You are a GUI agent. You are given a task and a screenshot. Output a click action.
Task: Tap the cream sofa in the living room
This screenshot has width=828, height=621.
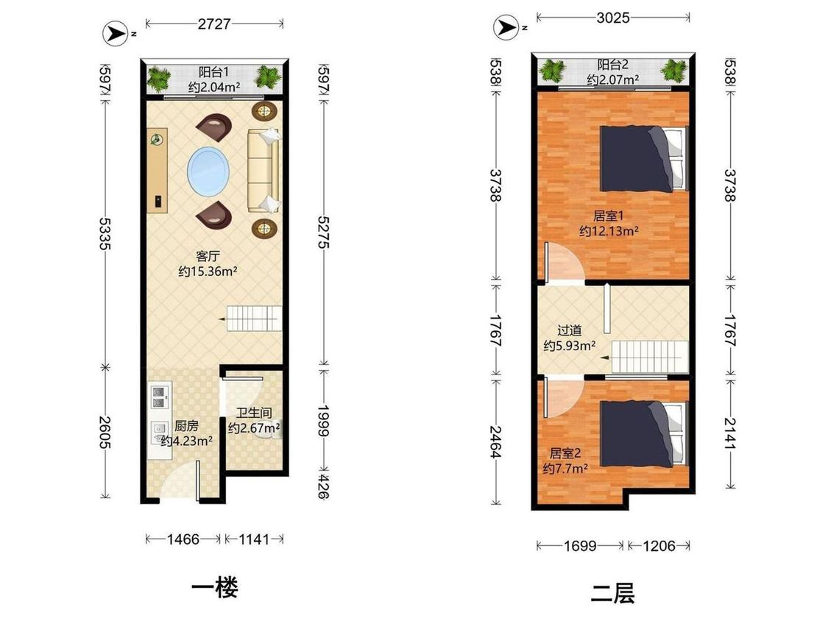click(x=263, y=170)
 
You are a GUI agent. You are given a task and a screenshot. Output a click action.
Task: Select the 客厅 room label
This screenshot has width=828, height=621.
click(x=208, y=256)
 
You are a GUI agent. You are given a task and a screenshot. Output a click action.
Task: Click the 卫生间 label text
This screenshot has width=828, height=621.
click(x=254, y=413)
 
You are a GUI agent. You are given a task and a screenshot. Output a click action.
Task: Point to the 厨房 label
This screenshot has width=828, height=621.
click(x=186, y=425)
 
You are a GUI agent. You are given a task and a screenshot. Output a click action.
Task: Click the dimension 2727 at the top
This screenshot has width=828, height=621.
click(x=214, y=24)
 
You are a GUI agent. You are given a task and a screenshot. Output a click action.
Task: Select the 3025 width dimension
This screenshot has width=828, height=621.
click(x=613, y=18)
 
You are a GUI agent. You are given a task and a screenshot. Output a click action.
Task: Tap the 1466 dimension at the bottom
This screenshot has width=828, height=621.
click(x=183, y=539)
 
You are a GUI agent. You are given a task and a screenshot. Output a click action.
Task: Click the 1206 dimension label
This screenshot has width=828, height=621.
click(x=659, y=545)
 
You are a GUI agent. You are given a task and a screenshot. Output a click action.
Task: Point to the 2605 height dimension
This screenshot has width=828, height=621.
click(x=105, y=432)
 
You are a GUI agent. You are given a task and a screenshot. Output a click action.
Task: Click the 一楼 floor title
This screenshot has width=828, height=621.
click(x=214, y=588)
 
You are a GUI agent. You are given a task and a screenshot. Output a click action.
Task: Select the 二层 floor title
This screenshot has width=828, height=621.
click(x=612, y=593)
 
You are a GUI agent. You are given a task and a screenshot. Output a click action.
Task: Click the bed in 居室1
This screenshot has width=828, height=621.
click(x=644, y=158)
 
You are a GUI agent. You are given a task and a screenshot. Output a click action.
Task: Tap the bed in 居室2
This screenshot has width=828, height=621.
click(x=644, y=434)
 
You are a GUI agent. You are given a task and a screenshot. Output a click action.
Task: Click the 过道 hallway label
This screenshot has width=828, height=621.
click(x=569, y=330)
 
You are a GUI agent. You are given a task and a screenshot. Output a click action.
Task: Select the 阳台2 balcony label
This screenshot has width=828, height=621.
click(x=612, y=65)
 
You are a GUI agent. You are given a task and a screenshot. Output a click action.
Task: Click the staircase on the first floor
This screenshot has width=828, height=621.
click(x=254, y=319)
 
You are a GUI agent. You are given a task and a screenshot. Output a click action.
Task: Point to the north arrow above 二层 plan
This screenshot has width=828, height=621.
click(x=506, y=27)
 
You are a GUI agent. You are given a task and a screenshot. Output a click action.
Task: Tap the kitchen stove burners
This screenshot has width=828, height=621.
click(x=160, y=397)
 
